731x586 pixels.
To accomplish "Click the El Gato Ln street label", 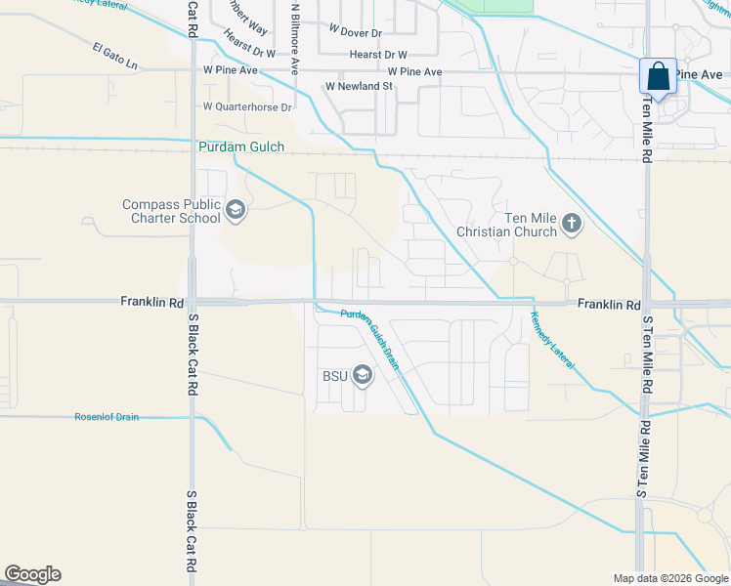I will click(x=116, y=57).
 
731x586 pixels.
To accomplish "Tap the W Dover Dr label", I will click(x=355, y=32).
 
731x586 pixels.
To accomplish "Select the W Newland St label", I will click(x=359, y=86).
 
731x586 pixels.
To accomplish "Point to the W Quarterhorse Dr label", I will click(x=247, y=106).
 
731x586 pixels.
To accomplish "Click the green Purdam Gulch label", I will click(x=241, y=147).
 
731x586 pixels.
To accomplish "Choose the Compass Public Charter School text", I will click(x=171, y=211).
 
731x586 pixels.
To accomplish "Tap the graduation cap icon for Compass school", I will click(x=235, y=210).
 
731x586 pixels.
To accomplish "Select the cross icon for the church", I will click(x=572, y=226).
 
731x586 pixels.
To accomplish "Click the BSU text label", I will click(x=334, y=376).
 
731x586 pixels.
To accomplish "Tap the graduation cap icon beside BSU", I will click(x=363, y=375).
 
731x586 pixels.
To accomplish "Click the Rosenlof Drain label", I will click(x=107, y=417).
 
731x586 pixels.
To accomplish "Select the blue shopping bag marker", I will click(x=658, y=76).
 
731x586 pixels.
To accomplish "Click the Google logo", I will click(x=32, y=574).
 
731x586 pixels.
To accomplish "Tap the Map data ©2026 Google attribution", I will click(x=670, y=578).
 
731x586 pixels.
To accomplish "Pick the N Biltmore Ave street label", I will click(x=295, y=40).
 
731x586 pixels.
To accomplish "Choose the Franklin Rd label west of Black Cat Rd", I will click(x=152, y=303).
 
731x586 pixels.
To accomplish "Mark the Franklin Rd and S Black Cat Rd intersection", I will click(x=193, y=302).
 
